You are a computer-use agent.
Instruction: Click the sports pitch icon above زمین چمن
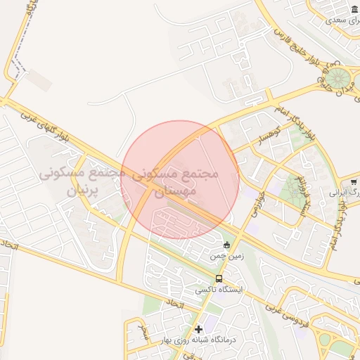226,245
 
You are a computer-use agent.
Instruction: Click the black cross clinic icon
198,329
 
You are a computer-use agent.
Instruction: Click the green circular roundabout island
340,77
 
